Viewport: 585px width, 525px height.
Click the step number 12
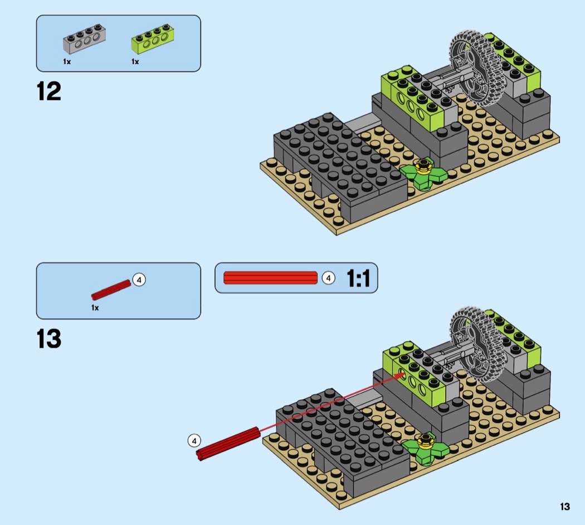point(49,91)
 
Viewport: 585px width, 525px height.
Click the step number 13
point(49,339)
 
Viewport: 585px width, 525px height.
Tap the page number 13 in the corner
point(565,507)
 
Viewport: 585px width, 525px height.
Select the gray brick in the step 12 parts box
point(84,38)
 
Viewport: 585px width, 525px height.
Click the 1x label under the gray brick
point(67,61)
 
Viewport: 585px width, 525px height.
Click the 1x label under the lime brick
point(135,61)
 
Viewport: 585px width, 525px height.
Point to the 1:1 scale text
point(359,278)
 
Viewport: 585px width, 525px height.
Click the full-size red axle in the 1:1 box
point(270,278)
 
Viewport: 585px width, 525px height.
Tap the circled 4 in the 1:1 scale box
point(328,278)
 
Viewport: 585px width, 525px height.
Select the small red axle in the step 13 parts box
point(111,290)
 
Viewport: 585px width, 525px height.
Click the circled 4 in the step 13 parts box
point(139,280)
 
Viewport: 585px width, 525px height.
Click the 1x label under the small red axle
point(95,308)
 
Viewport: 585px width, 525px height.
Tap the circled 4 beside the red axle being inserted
point(194,441)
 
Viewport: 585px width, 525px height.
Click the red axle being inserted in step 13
point(228,444)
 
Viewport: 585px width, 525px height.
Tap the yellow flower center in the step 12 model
point(423,166)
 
